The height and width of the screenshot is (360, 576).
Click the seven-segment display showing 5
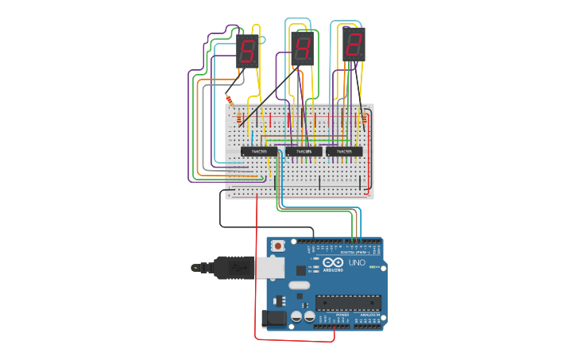click(x=247, y=52)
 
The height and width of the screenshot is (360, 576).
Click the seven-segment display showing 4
click(x=303, y=50)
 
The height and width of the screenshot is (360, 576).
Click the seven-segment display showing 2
click(x=353, y=44)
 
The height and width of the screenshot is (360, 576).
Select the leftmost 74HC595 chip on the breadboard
click(x=259, y=150)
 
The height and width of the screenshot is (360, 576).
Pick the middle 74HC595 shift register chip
click(x=303, y=151)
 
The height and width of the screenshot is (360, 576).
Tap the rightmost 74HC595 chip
click(x=344, y=150)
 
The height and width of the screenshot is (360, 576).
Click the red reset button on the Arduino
click(x=277, y=246)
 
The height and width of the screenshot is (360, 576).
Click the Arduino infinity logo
click(x=333, y=263)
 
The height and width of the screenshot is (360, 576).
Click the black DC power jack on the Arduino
click(x=274, y=318)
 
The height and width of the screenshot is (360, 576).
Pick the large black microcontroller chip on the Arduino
click(x=349, y=302)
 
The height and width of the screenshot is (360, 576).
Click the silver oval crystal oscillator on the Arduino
click(x=298, y=285)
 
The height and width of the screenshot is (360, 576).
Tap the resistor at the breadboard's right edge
click(x=365, y=117)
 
